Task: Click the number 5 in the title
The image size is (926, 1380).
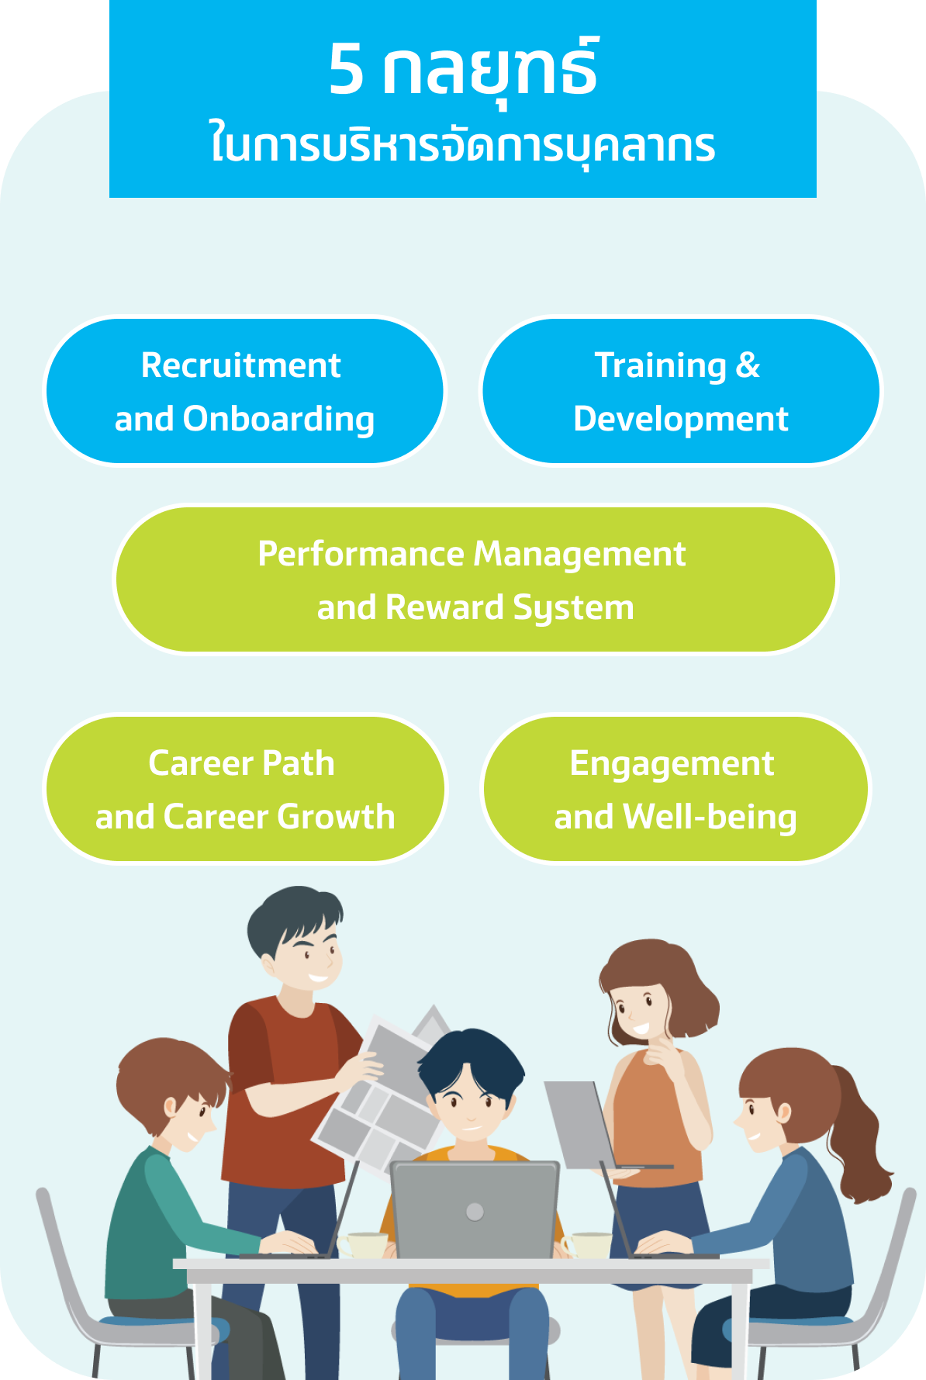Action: (x=346, y=69)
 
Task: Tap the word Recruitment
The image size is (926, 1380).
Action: (x=241, y=365)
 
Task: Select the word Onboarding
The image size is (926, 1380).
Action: (x=279, y=420)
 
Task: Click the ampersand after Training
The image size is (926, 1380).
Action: (x=748, y=365)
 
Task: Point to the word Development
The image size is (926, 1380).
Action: (x=681, y=420)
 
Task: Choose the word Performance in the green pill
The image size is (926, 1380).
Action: (x=361, y=554)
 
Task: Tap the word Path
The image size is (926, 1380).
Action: (x=298, y=763)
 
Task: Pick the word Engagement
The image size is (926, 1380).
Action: (x=672, y=764)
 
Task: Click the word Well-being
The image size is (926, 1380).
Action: (x=710, y=818)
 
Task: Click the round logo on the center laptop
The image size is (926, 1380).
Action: (x=475, y=1212)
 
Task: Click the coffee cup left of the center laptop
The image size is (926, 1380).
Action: (x=362, y=1244)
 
